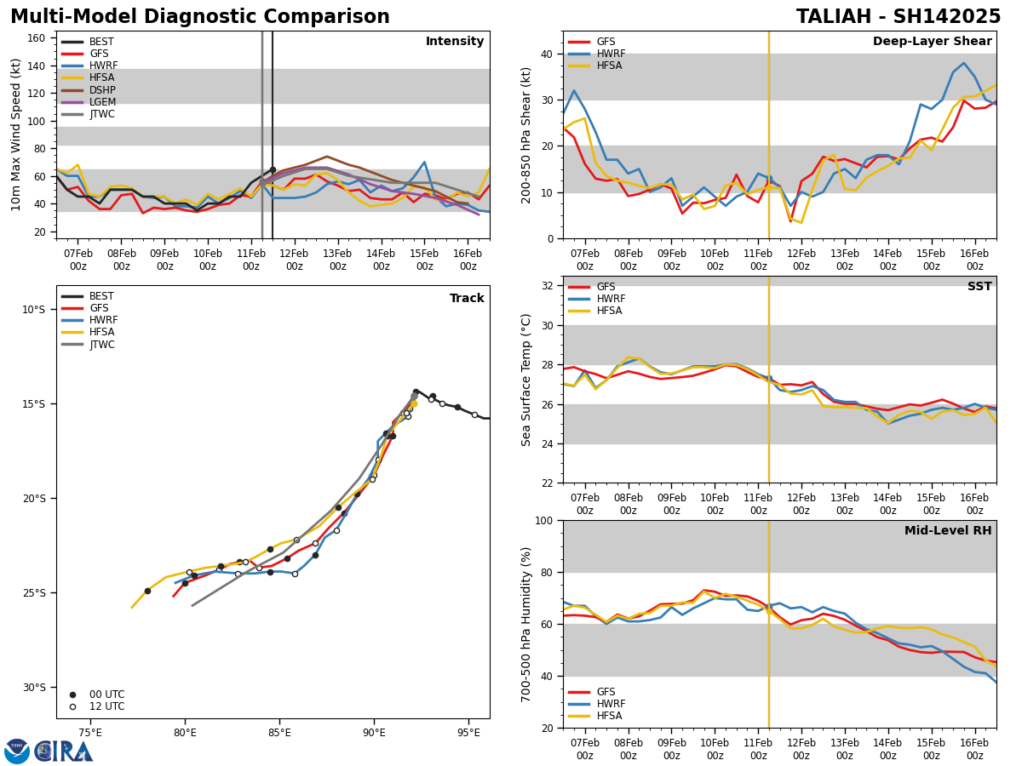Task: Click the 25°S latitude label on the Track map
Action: (33, 593)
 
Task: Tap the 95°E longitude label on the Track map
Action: (468, 732)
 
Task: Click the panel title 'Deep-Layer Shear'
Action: (932, 42)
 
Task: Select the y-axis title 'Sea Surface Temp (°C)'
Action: (526, 380)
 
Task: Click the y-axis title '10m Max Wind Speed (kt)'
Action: (16, 134)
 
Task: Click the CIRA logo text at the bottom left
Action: (64, 752)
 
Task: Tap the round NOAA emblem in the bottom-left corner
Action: (17, 752)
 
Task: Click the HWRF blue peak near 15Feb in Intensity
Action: (424, 162)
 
